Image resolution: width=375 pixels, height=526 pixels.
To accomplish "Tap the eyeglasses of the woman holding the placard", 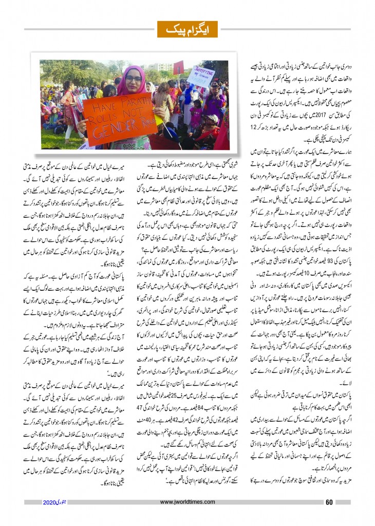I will (133, 79).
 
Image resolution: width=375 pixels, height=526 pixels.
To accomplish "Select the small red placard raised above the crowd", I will (179, 67).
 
